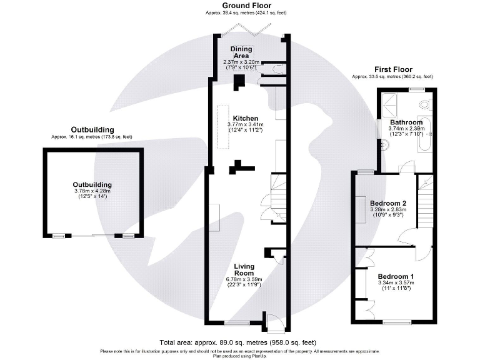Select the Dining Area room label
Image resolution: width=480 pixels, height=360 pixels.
click(241, 52)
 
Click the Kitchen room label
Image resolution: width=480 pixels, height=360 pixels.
click(246, 117)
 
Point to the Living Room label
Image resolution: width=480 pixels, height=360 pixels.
click(244, 270)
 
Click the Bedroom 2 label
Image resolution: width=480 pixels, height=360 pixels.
click(388, 204)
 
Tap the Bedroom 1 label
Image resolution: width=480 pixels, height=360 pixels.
click(396, 276)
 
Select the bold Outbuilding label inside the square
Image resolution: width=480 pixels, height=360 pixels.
click(92, 185)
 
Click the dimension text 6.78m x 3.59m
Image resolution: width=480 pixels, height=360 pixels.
click(244, 279)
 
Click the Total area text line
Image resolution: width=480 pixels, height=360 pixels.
click(238, 342)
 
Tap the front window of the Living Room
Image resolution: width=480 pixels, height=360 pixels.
click(236, 323)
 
